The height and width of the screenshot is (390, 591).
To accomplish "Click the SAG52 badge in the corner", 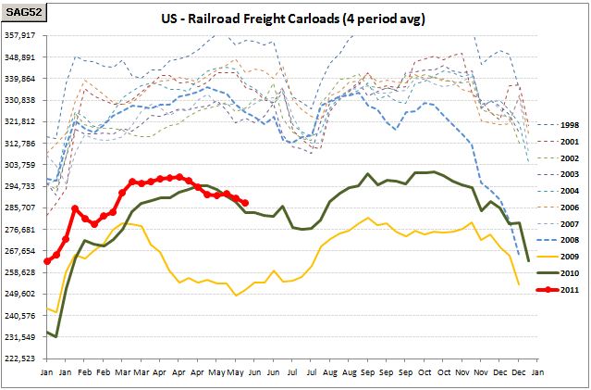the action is click(x=23, y=12).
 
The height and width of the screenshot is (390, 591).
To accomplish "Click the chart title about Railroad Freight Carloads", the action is click(x=293, y=19).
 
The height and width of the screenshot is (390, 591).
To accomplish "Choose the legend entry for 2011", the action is click(x=557, y=290).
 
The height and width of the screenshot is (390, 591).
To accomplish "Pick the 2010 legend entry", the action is click(x=557, y=273).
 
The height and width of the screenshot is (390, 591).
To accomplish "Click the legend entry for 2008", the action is click(x=557, y=240).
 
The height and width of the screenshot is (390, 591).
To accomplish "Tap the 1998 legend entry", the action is click(x=557, y=125).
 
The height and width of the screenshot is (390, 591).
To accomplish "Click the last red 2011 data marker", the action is click(x=245, y=203).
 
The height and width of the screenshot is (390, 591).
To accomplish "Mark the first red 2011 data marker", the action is click(x=47, y=261).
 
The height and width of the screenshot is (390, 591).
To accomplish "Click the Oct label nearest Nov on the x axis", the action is click(x=444, y=372).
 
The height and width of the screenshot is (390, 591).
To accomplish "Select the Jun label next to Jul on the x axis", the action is click(x=274, y=372).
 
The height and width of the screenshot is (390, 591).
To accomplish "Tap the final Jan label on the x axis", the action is click(x=538, y=372).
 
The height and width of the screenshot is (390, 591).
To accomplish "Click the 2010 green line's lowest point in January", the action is click(x=56, y=336).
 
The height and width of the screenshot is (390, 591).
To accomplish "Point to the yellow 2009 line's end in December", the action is click(x=519, y=284).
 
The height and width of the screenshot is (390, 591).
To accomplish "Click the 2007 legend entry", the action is click(x=557, y=224).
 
